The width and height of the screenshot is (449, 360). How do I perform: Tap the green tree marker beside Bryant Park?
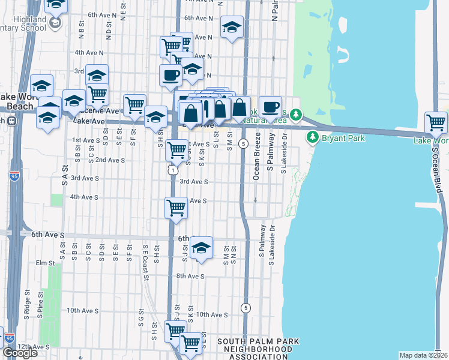(x=312, y=137)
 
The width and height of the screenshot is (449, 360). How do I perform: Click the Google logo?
(x=20, y=353)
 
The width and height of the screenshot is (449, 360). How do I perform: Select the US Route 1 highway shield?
(x=172, y=170)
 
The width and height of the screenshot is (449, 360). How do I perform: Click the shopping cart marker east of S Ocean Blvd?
(x=436, y=123)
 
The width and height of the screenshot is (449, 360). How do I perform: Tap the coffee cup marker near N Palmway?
(x=271, y=106)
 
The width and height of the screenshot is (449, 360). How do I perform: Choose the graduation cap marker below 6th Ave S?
(x=202, y=247)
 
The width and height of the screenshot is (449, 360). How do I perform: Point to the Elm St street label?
(x=45, y=263)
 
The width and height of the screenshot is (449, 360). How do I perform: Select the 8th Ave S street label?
(x=190, y=277)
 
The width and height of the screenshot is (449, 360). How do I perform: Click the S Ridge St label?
(x=27, y=304)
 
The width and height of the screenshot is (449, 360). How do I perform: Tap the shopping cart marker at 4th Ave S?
(x=176, y=208)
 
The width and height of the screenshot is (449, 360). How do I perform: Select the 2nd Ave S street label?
(x=110, y=160)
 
